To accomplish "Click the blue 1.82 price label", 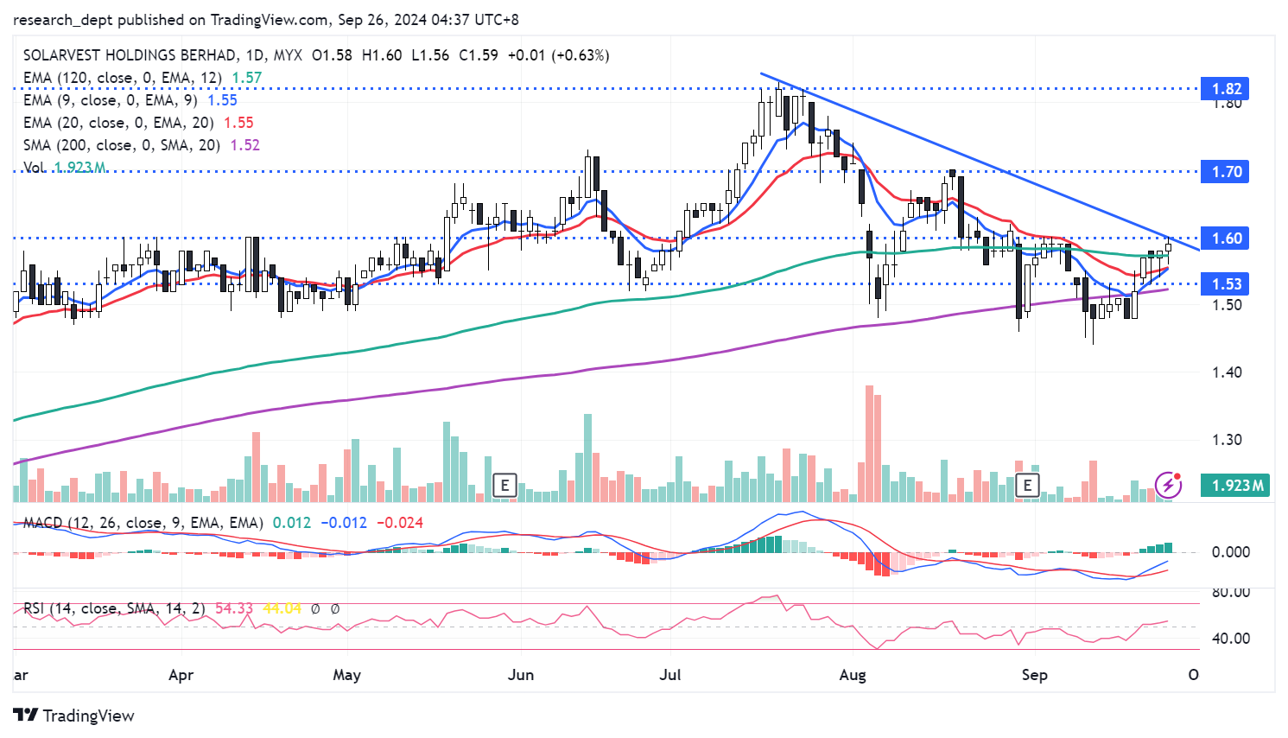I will pyautogui.click(x=1226, y=89).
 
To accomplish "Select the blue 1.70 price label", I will pyautogui.click(x=1226, y=172).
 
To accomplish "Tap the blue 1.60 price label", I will pyautogui.click(x=1226, y=239).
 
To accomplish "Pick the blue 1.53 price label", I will pyautogui.click(x=1226, y=284).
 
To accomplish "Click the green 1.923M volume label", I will pyautogui.click(x=1237, y=486).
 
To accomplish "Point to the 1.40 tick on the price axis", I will pyautogui.click(x=1227, y=372).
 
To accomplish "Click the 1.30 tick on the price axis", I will pyautogui.click(x=1227, y=440).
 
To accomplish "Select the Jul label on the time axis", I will pyautogui.click(x=670, y=675).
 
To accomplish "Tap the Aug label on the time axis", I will pyautogui.click(x=853, y=675).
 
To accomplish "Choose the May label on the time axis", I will pyautogui.click(x=346, y=675).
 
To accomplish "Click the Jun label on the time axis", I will pyautogui.click(x=521, y=675).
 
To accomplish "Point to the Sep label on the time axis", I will pyautogui.click(x=1034, y=675).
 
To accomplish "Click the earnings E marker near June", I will pyautogui.click(x=504, y=485).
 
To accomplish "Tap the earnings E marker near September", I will pyautogui.click(x=1027, y=485).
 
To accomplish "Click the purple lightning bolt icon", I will pyautogui.click(x=1168, y=484).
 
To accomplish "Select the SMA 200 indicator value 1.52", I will pyautogui.click(x=244, y=145).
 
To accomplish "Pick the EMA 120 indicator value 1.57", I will pyautogui.click(x=247, y=78).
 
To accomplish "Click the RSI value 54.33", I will pyautogui.click(x=234, y=608).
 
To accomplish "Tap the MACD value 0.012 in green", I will pyautogui.click(x=292, y=523).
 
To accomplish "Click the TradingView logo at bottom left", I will pyautogui.click(x=74, y=716).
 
